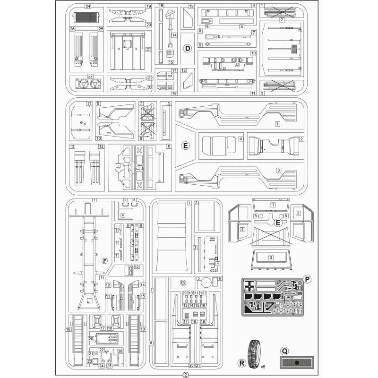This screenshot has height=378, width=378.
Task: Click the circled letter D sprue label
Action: point(187,49)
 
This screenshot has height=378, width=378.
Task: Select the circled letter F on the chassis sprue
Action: point(104,261)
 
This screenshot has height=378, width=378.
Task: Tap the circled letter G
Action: point(183,282)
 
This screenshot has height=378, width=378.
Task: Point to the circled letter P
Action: point(307,280)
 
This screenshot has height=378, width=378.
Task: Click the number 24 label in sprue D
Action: point(88,6)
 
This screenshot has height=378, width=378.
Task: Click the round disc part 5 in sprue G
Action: point(206,283)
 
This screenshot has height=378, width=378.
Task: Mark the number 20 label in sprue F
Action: point(90,339)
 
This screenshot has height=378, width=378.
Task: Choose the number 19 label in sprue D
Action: point(148,7)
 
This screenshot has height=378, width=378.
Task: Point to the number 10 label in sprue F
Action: point(136,266)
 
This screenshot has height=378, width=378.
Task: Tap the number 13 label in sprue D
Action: point(184,70)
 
